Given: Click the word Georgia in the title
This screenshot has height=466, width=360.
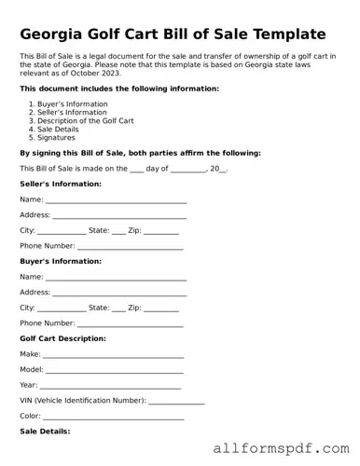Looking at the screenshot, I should pos(59,34).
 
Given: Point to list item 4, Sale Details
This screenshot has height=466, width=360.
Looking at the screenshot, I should pos(62,129).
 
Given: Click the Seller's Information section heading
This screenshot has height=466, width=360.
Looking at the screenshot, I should pos(61,184).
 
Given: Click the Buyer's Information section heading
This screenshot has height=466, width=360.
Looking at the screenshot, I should pos(61,261).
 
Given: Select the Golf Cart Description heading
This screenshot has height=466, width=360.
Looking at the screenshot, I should pos(62,337).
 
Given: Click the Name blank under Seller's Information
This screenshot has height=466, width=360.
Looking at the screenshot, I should pos(116,200).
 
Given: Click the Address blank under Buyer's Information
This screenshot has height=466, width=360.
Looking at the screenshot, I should pos(119,293).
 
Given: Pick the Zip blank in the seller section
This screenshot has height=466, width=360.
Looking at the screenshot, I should pos(161,231).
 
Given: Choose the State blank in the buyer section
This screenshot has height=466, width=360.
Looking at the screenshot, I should pos(118,308).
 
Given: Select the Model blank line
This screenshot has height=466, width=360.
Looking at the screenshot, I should pos(115,371).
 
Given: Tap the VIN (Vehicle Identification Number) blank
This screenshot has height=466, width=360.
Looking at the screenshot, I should pos(176,402).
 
